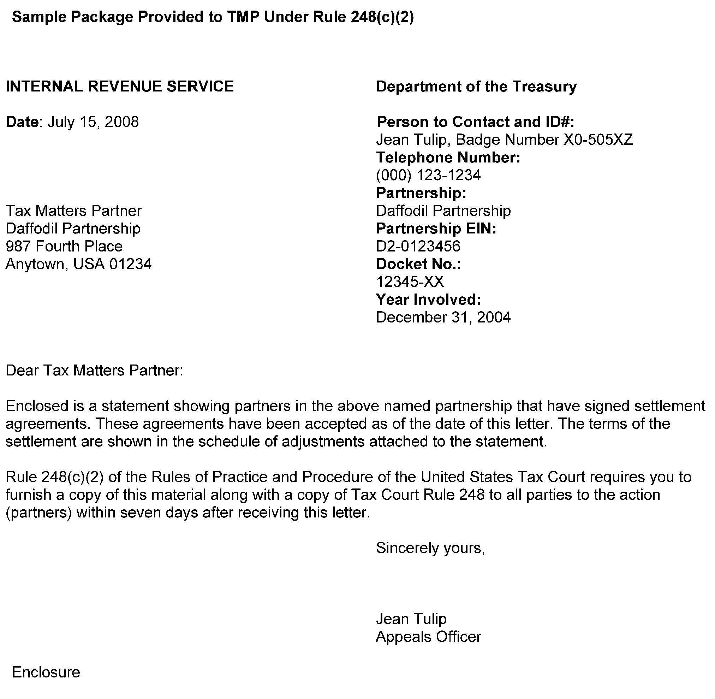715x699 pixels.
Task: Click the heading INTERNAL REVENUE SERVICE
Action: tap(120, 87)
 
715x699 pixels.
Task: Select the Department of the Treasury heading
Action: tap(476, 87)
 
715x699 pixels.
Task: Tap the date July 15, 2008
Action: tap(93, 122)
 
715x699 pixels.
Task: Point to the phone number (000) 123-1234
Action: tap(428, 175)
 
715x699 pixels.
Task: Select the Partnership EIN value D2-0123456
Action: tap(418, 246)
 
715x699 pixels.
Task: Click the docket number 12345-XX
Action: tap(410, 282)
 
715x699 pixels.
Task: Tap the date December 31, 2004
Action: tap(443, 317)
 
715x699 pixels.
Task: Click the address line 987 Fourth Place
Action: tap(64, 246)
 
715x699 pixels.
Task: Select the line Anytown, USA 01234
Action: tap(78, 264)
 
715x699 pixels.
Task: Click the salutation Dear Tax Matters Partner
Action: tap(94, 371)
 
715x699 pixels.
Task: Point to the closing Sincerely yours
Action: tap(430, 548)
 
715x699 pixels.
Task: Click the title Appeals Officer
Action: tap(428, 636)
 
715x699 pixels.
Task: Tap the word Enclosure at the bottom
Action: tap(46, 672)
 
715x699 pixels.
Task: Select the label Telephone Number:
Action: tap(448, 158)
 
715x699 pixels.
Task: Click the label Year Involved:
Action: tap(428, 300)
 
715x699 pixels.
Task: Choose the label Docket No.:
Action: tap(418, 264)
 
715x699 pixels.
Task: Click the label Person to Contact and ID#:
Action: tap(475, 122)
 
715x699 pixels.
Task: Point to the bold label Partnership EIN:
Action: tap(436, 229)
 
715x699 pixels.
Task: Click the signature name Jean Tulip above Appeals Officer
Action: tap(411, 618)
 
